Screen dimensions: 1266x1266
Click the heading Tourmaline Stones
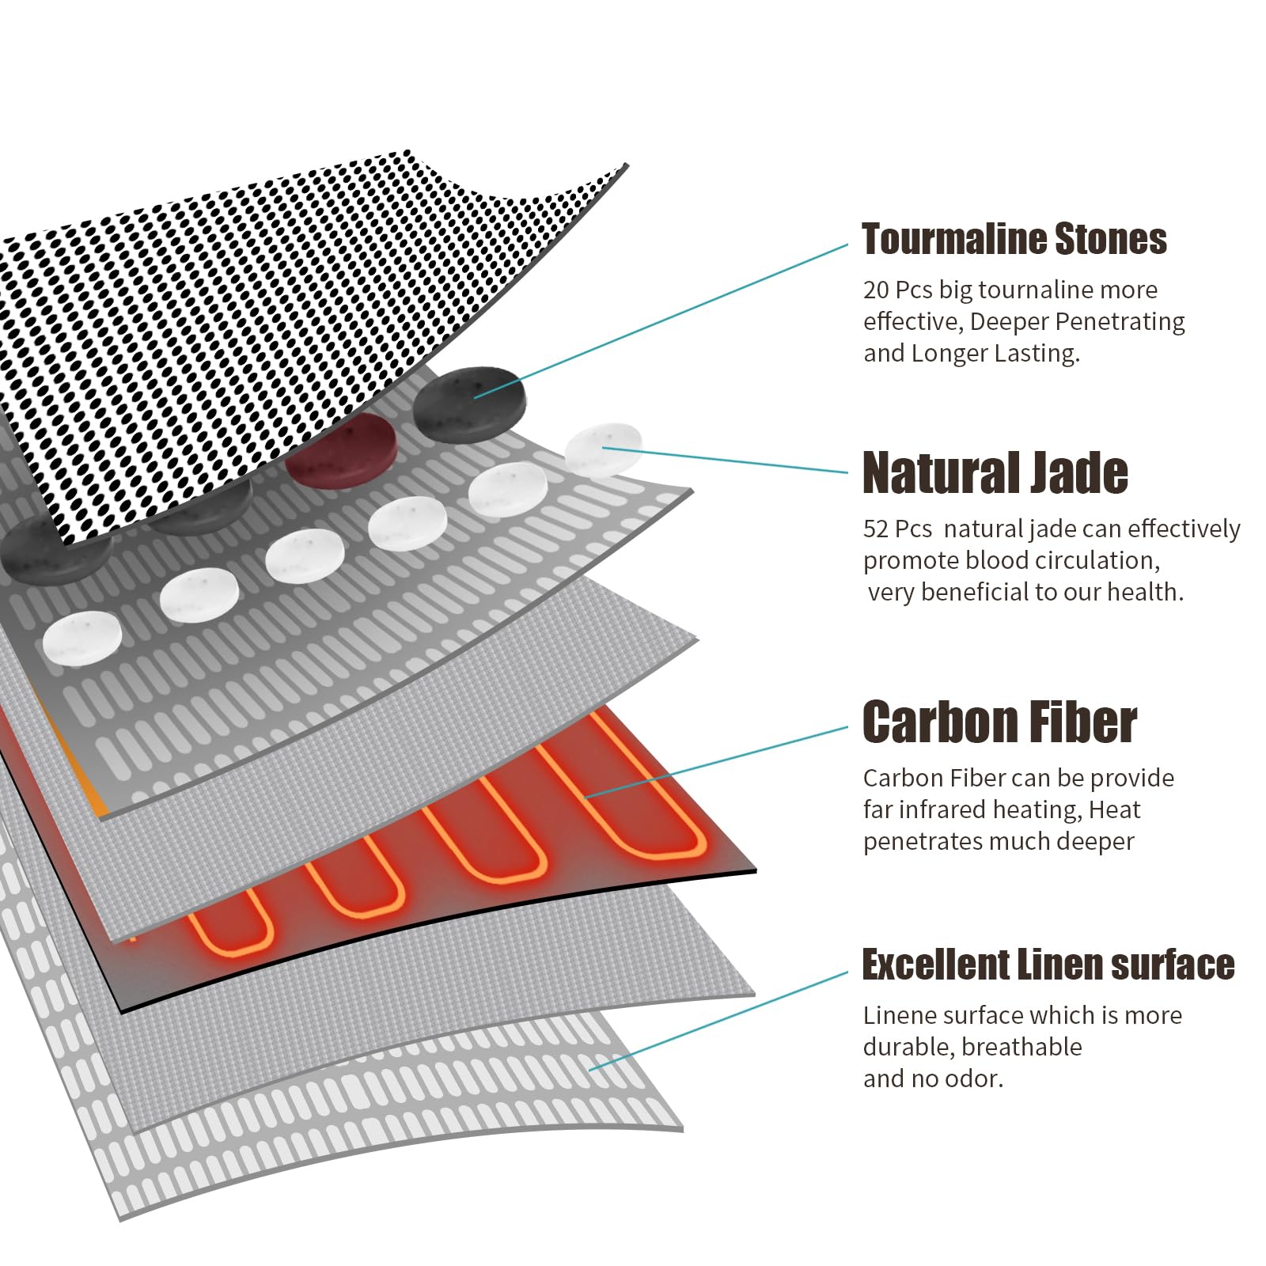pyautogui.click(x=1014, y=239)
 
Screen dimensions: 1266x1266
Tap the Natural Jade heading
pyautogui.click(x=995, y=472)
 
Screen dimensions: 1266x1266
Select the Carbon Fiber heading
pyautogui.click(x=999, y=722)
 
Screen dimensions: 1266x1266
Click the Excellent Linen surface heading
pyautogui.click(x=1048, y=965)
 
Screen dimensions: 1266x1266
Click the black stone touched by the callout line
pyautogui.click(x=469, y=402)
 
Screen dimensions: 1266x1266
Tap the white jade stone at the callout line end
pyautogui.click(x=603, y=449)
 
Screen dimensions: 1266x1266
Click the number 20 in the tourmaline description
pyautogui.click(x=876, y=290)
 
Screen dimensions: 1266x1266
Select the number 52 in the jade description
pyautogui.click(x=876, y=529)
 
